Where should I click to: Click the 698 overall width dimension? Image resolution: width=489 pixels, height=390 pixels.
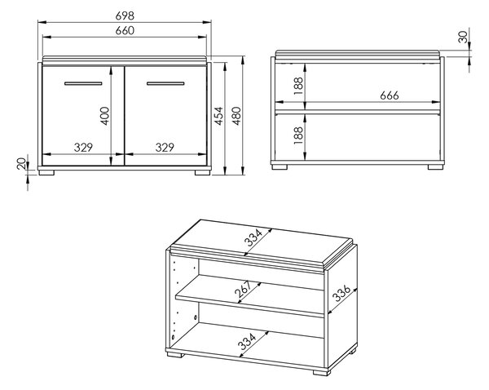click(125, 16)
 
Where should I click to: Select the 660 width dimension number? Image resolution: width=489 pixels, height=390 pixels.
click(125, 31)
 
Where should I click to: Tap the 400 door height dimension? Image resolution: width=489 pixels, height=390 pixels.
click(105, 116)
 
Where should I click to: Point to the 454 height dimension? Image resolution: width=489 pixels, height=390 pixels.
click(219, 116)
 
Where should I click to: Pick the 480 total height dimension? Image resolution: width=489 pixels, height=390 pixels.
click(237, 116)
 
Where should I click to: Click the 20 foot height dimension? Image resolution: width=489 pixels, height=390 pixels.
click(21, 164)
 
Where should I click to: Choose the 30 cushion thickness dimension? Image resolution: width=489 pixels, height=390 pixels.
click(464, 38)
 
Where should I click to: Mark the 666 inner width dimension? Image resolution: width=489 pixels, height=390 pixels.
click(390, 95)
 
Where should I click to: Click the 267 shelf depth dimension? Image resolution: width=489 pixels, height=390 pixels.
click(243, 289)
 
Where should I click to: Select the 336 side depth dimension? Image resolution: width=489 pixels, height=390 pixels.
click(341, 293)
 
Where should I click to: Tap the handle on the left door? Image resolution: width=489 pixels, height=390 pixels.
click(83, 83)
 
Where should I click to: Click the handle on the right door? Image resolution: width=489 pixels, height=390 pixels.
click(165, 83)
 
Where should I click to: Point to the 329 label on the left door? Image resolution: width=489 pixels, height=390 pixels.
click(83, 147)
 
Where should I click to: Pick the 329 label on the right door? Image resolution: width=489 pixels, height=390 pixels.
click(165, 147)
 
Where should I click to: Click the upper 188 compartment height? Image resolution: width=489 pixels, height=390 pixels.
click(298, 86)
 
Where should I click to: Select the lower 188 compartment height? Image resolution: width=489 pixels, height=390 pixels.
click(298, 135)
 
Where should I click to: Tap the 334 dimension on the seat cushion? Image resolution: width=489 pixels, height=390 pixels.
click(253, 237)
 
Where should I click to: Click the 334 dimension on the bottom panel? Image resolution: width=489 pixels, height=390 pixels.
click(247, 341)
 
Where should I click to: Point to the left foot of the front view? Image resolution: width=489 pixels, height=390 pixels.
click(46, 172)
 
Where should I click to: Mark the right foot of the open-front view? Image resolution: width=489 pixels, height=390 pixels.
click(435, 167)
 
